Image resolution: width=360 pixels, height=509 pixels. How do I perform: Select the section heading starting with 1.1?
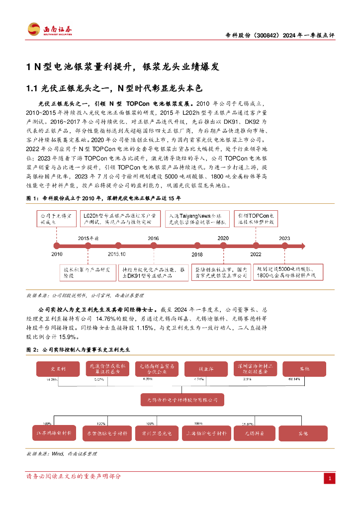[115, 88]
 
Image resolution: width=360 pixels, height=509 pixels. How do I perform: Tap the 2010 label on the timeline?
[57, 254]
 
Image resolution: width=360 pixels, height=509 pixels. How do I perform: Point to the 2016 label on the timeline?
[153, 239]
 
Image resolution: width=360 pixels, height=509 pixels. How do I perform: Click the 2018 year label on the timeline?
[197, 254]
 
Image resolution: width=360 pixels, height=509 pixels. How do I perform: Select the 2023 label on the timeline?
[284, 239]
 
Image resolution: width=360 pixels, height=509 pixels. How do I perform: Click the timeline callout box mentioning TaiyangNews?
[197, 219]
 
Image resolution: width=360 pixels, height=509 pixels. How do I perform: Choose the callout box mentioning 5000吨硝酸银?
[289, 271]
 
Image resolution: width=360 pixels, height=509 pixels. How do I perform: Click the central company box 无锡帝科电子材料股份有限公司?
[179, 399]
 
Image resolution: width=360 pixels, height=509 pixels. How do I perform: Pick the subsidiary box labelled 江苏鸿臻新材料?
[54, 433]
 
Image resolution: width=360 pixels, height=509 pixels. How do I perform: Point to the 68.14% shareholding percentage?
[308, 380]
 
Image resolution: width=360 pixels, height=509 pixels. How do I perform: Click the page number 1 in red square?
[329, 478]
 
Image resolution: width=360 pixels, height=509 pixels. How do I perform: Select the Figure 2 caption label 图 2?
[32, 349]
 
